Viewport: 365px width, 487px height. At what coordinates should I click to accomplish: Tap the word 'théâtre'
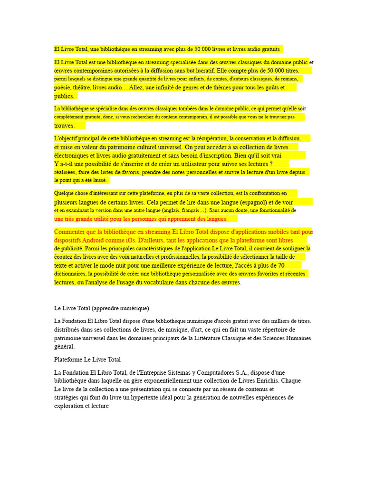point(81,88)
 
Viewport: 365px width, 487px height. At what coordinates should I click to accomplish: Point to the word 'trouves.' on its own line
point(65,126)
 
